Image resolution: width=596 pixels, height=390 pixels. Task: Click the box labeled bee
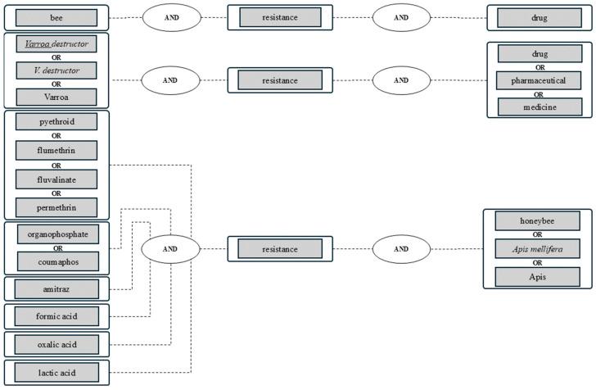[x=56, y=17]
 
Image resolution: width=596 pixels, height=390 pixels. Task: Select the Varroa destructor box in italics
[x=56, y=43]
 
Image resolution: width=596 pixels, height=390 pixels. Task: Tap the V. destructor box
[x=56, y=70]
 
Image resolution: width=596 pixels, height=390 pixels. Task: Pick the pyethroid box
[x=56, y=122]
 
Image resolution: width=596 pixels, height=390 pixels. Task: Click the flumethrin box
[x=56, y=150]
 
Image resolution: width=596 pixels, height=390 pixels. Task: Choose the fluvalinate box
[x=56, y=179]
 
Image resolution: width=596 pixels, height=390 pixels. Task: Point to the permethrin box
[x=56, y=208]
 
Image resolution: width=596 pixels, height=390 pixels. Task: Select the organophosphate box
[x=58, y=234]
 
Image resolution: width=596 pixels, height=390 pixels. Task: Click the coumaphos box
[x=58, y=262]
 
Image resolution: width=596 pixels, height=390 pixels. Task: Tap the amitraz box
[x=56, y=289]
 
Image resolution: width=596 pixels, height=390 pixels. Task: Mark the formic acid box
[x=56, y=316]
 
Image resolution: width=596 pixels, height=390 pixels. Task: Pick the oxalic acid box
[x=56, y=344]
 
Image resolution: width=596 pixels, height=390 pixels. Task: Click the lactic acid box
[x=56, y=373]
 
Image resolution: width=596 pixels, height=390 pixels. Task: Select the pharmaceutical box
[x=539, y=80]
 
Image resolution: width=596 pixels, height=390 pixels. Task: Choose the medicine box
[x=540, y=107]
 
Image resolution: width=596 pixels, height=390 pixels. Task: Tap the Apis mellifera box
[x=537, y=249]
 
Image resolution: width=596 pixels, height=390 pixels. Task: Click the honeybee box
[x=537, y=221]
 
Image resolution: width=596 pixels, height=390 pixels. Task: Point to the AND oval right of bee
[x=172, y=17]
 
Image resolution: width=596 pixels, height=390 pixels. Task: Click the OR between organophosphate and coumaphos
[x=58, y=248]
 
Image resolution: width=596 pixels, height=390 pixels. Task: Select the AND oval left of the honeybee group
[x=401, y=249]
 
